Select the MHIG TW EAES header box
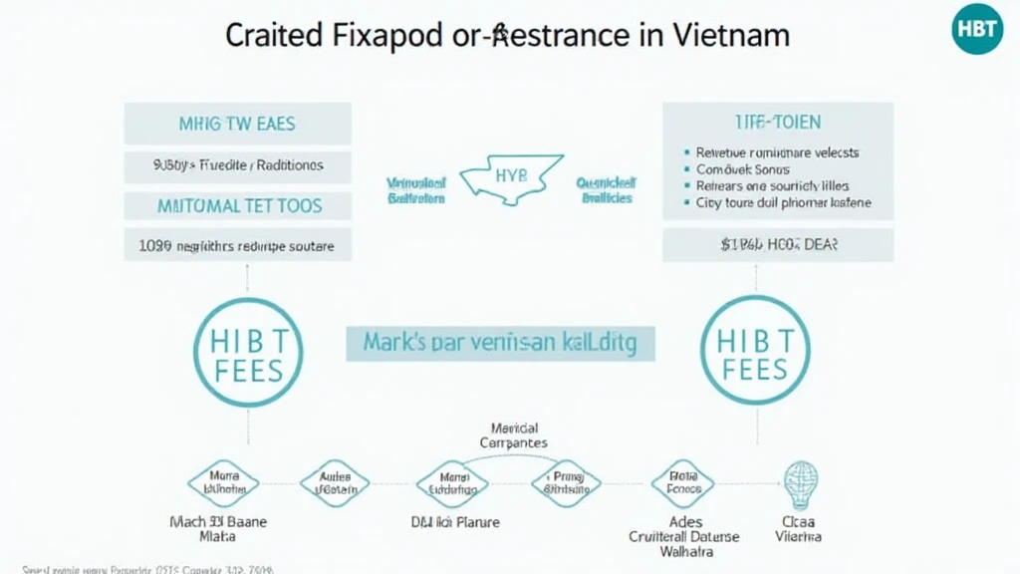pyautogui.click(x=237, y=125)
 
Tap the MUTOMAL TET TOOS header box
pyautogui.click(x=237, y=206)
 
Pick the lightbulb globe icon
pyautogui.click(x=800, y=484)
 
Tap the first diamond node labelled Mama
pyautogui.click(x=223, y=484)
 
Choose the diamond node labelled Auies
pyautogui.click(x=335, y=484)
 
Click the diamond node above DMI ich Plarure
pyautogui.click(x=452, y=484)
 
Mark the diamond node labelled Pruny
pyautogui.click(x=566, y=484)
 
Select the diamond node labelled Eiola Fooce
pyautogui.click(x=682, y=484)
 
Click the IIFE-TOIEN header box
pyautogui.click(x=777, y=123)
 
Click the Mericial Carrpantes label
pyautogui.click(x=513, y=435)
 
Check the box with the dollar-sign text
pyautogui.click(x=777, y=244)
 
